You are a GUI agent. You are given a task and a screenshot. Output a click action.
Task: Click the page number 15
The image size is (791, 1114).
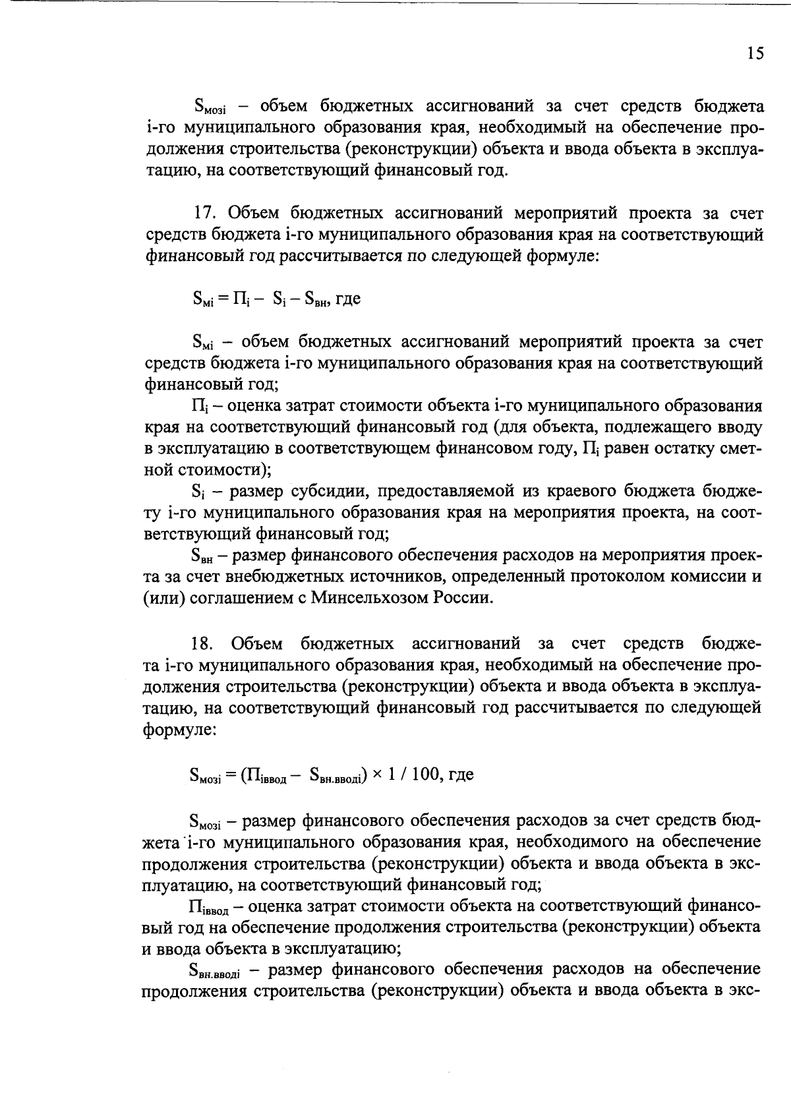(755, 54)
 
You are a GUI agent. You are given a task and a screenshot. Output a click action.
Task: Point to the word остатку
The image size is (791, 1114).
(687, 448)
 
